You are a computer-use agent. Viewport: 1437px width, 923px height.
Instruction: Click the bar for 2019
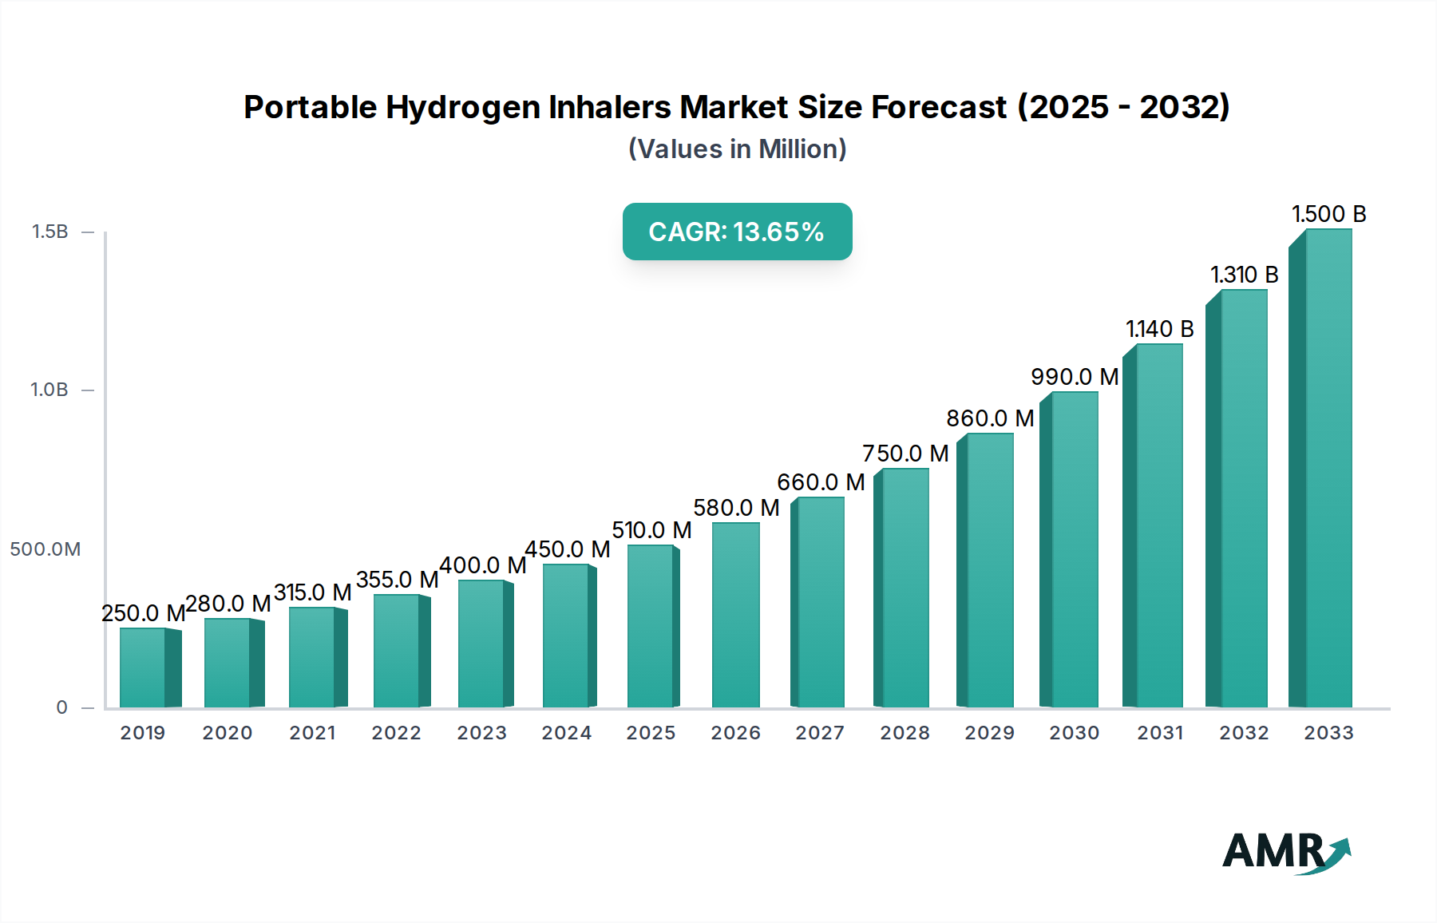pos(143,667)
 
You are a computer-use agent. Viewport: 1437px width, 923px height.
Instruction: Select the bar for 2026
pos(735,615)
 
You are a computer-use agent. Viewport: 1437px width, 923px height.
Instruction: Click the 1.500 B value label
pos(1329,214)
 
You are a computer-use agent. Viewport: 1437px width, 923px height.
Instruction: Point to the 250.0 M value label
pos(143,613)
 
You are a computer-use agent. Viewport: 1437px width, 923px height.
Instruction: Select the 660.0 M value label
pos(821,482)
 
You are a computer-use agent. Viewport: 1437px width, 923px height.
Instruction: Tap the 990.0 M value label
pos(1075,377)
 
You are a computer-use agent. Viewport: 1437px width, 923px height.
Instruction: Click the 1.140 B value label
pos(1159,329)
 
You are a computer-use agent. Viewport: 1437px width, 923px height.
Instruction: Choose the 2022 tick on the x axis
pos(396,733)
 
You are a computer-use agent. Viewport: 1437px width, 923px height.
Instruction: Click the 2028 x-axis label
pos(905,733)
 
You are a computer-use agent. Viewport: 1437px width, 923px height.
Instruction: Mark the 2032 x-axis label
pos(1244,733)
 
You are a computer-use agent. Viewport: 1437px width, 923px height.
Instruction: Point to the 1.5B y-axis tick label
pos(49,232)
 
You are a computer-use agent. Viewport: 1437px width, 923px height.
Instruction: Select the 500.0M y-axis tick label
pos(46,549)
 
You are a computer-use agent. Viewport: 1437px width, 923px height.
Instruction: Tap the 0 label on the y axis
pos(61,707)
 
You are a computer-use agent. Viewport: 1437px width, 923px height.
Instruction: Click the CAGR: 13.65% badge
pos(737,232)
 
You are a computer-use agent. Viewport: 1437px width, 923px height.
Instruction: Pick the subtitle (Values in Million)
pos(737,149)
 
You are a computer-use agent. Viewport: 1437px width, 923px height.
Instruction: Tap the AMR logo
pos(1285,852)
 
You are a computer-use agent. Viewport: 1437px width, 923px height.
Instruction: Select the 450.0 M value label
pos(567,549)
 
